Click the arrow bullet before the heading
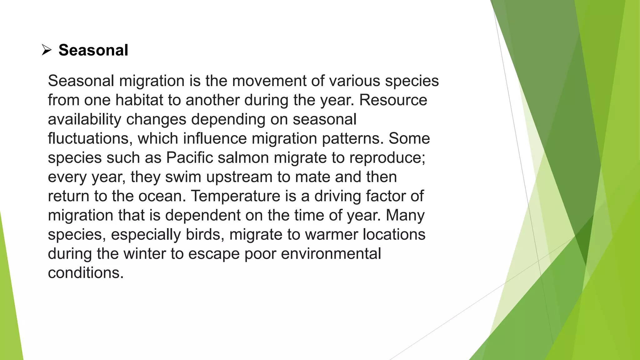pos(46,50)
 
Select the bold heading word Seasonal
pos(93,50)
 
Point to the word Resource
pos(393,100)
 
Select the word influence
pos(215,138)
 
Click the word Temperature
pos(236,196)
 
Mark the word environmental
pos(331,254)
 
